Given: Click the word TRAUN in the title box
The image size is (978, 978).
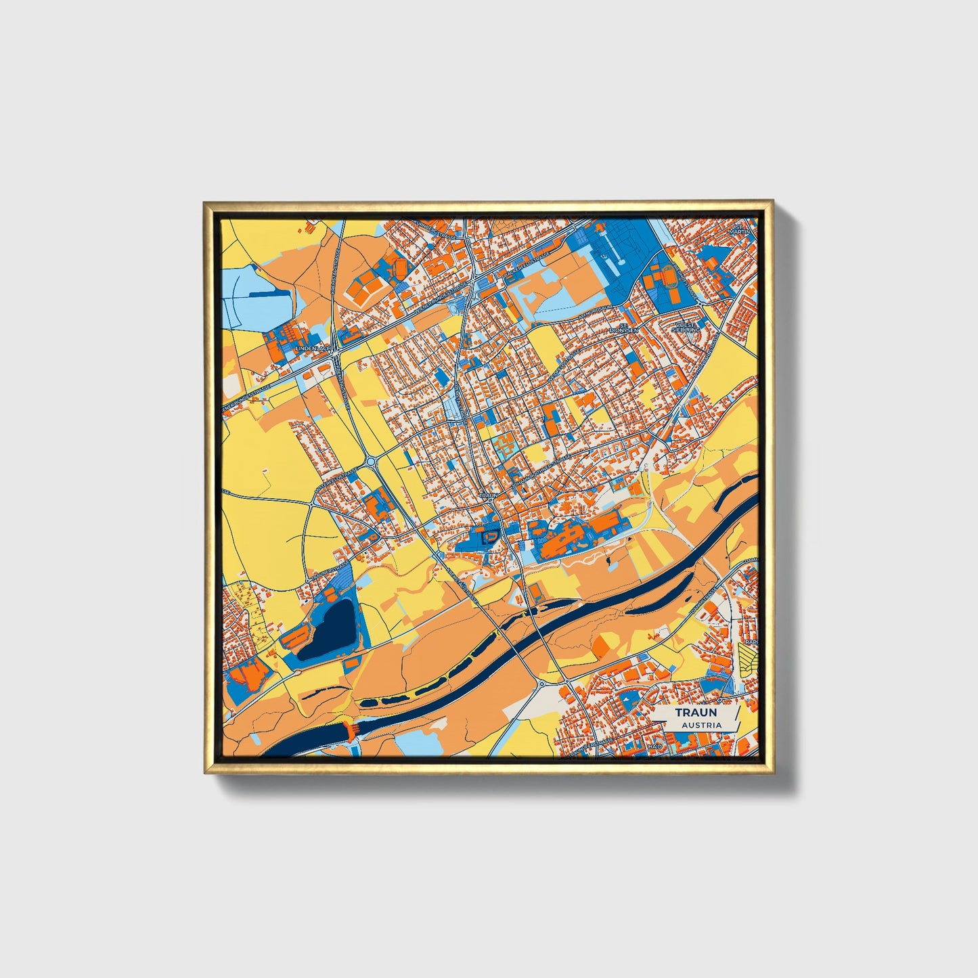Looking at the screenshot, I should click(x=696, y=713).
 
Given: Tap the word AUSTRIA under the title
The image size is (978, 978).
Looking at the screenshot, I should click(x=701, y=725).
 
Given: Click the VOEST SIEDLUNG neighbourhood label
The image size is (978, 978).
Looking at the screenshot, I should click(x=685, y=327).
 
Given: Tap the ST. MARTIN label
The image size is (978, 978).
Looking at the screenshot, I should click(x=740, y=228).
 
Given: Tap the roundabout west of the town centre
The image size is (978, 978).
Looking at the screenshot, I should click(x=372, y=462).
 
